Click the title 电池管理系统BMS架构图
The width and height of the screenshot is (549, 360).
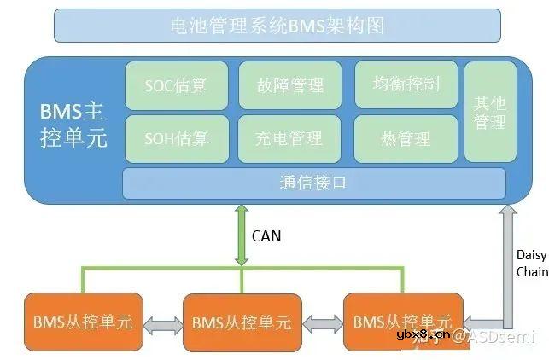point(277,26)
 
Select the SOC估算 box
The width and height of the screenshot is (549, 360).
point(175,84)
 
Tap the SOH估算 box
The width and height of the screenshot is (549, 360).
point(175,137)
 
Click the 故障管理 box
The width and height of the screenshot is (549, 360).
point(289,84)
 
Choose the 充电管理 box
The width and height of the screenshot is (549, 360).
point(289,137)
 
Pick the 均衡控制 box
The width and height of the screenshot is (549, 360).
point(406,84)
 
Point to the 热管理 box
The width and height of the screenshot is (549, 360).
point(406,137)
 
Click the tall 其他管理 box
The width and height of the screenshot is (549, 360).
point(490,112)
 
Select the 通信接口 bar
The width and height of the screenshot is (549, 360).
point(313,183)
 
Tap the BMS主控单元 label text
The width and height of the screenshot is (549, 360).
point(73,125)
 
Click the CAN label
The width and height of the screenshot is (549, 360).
point(266,235)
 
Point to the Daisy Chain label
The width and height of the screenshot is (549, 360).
point(531,264)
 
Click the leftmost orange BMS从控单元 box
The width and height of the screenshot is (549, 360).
point(83,322)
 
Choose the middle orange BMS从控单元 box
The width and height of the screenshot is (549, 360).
point(242,322)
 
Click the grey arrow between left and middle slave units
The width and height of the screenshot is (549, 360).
point(162,323)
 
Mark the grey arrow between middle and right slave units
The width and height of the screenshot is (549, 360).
point(322,323)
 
